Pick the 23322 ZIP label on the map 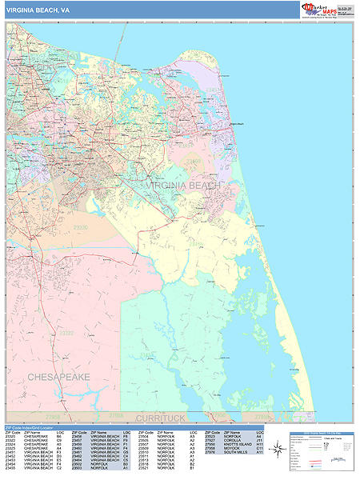(x=67, y=333)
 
